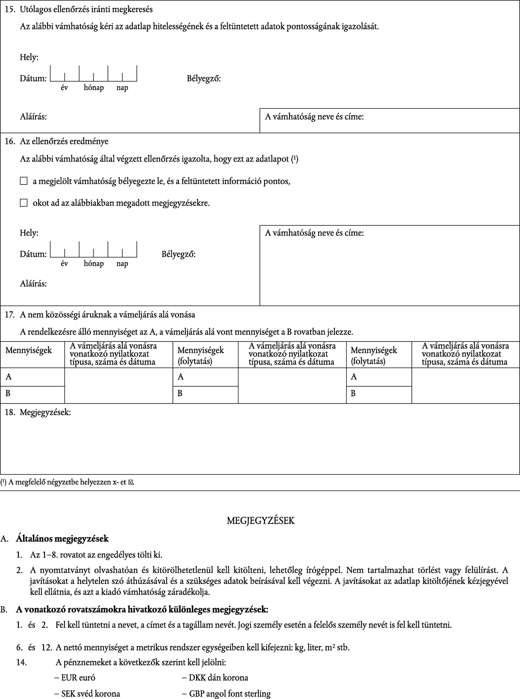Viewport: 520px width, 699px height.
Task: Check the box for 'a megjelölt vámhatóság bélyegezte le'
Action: (x=24, y=181)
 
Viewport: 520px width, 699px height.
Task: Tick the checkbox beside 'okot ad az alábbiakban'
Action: (x=24, y=203)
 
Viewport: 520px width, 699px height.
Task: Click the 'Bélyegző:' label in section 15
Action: (x=204, y=78)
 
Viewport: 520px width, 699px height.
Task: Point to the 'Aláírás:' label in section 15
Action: (x=33, y=117)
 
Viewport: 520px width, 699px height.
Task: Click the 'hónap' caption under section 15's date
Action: (x=93, y=88)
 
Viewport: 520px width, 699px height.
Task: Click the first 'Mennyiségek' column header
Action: (x=29, y=350)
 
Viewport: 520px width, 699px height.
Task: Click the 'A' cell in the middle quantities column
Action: (x=181, y=377)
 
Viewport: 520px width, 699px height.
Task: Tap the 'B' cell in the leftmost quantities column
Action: (x=8, y=393)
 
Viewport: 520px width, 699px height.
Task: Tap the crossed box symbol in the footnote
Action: (x=131, y=482)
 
